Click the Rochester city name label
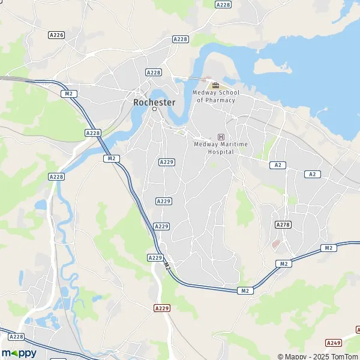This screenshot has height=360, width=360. click(154, 102)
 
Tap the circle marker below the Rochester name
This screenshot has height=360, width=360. click(154, 109)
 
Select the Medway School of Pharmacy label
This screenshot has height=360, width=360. click(215, 96)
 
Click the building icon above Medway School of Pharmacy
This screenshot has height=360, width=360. click(215, 86)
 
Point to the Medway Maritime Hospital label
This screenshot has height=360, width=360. click(221, 148)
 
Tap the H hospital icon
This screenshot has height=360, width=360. click(221, 137)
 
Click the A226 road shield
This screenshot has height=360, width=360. click(56, 35)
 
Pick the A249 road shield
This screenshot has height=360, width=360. click(334, 343)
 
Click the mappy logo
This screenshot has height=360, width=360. click(19, 353)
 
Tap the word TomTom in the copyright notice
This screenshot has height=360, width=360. click(343, 356)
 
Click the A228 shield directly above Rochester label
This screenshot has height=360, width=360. click(154, 72)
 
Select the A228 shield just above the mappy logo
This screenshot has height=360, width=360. click(16, 337)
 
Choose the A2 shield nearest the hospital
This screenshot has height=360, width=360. click(277, 164)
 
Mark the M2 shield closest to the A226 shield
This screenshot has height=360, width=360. click(69, 94)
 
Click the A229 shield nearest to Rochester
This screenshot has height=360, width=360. click(166, 162)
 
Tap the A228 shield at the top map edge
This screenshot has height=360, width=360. click(223, 4)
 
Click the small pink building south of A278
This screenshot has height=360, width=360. click(276, 244)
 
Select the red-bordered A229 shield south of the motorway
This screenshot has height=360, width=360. click(162, 308)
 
